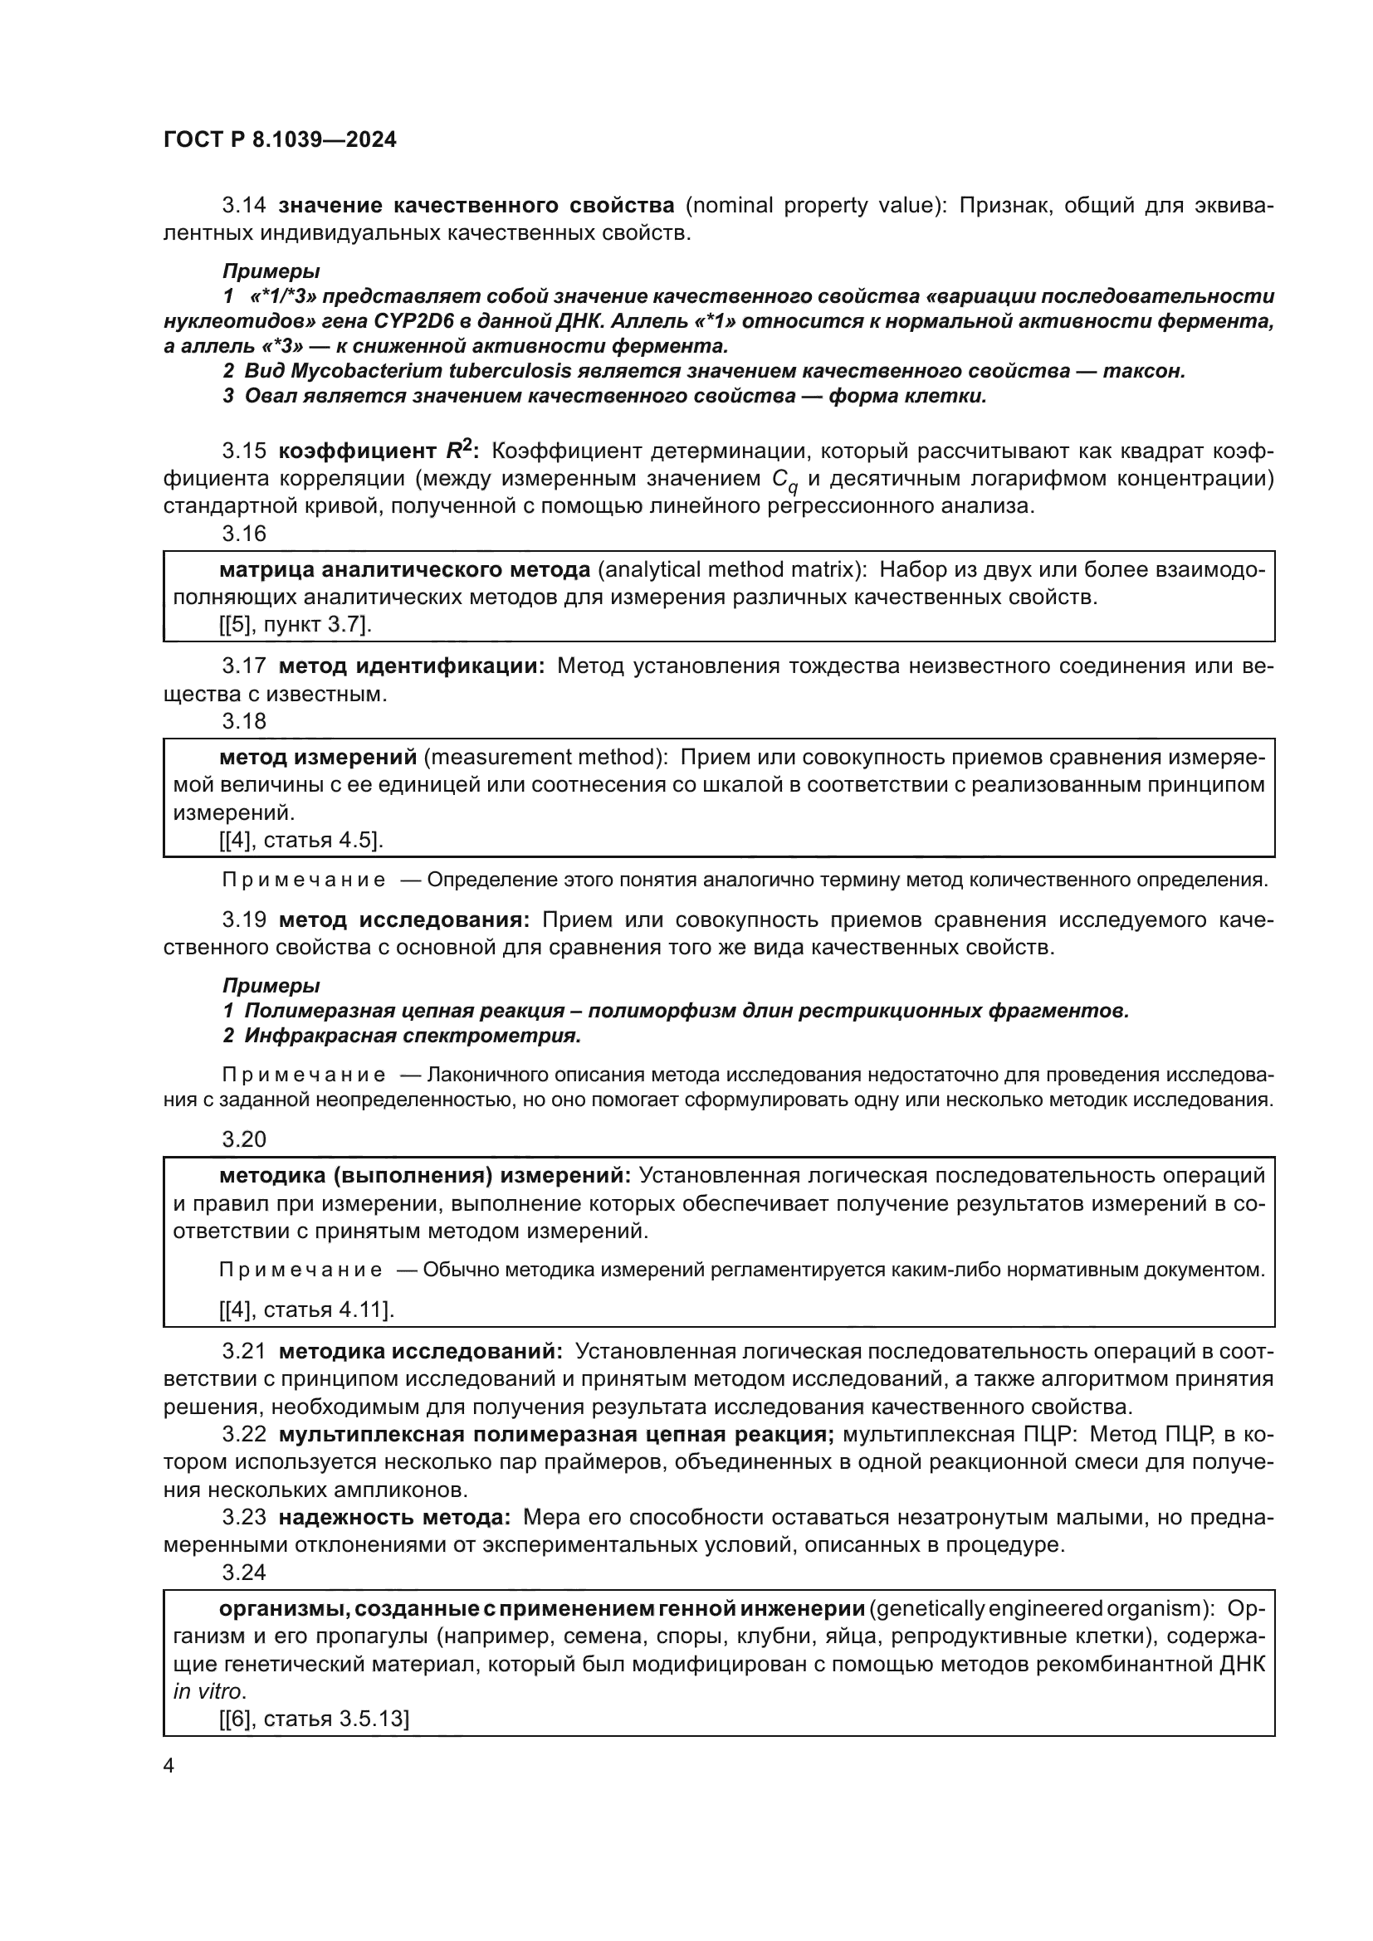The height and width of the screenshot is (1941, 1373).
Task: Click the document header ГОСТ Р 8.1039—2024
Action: click(x=280, y=140)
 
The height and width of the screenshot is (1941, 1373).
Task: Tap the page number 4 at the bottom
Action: click(x=169, y=1766)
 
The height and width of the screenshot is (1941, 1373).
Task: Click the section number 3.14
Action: click(x=243, y=206)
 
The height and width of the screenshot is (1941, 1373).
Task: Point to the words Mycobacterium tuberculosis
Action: click(x=430, y=371)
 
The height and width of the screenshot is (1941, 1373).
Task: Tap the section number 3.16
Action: click(x=243, y=534)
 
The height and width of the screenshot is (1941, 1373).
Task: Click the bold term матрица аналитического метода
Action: click(x=404, y=570)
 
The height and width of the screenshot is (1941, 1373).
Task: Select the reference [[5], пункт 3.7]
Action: click(x=295, y=625)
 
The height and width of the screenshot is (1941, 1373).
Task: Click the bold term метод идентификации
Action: click(x=412, y=666)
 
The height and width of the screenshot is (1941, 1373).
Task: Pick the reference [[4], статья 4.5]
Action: click(x=301, y=840)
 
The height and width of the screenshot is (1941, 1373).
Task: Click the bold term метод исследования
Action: click(x=404, y=919)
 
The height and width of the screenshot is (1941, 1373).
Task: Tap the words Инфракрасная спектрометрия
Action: click(x=413, y=1036)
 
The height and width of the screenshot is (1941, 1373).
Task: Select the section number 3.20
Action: click(x=243, y=1139)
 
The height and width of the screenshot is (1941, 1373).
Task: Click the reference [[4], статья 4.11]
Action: click(x=307, y=1309)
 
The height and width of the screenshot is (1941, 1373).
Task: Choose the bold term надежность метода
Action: click(x=394, y=1518)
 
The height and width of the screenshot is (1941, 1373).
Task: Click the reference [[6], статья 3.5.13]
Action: click(x=314, y=1719)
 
